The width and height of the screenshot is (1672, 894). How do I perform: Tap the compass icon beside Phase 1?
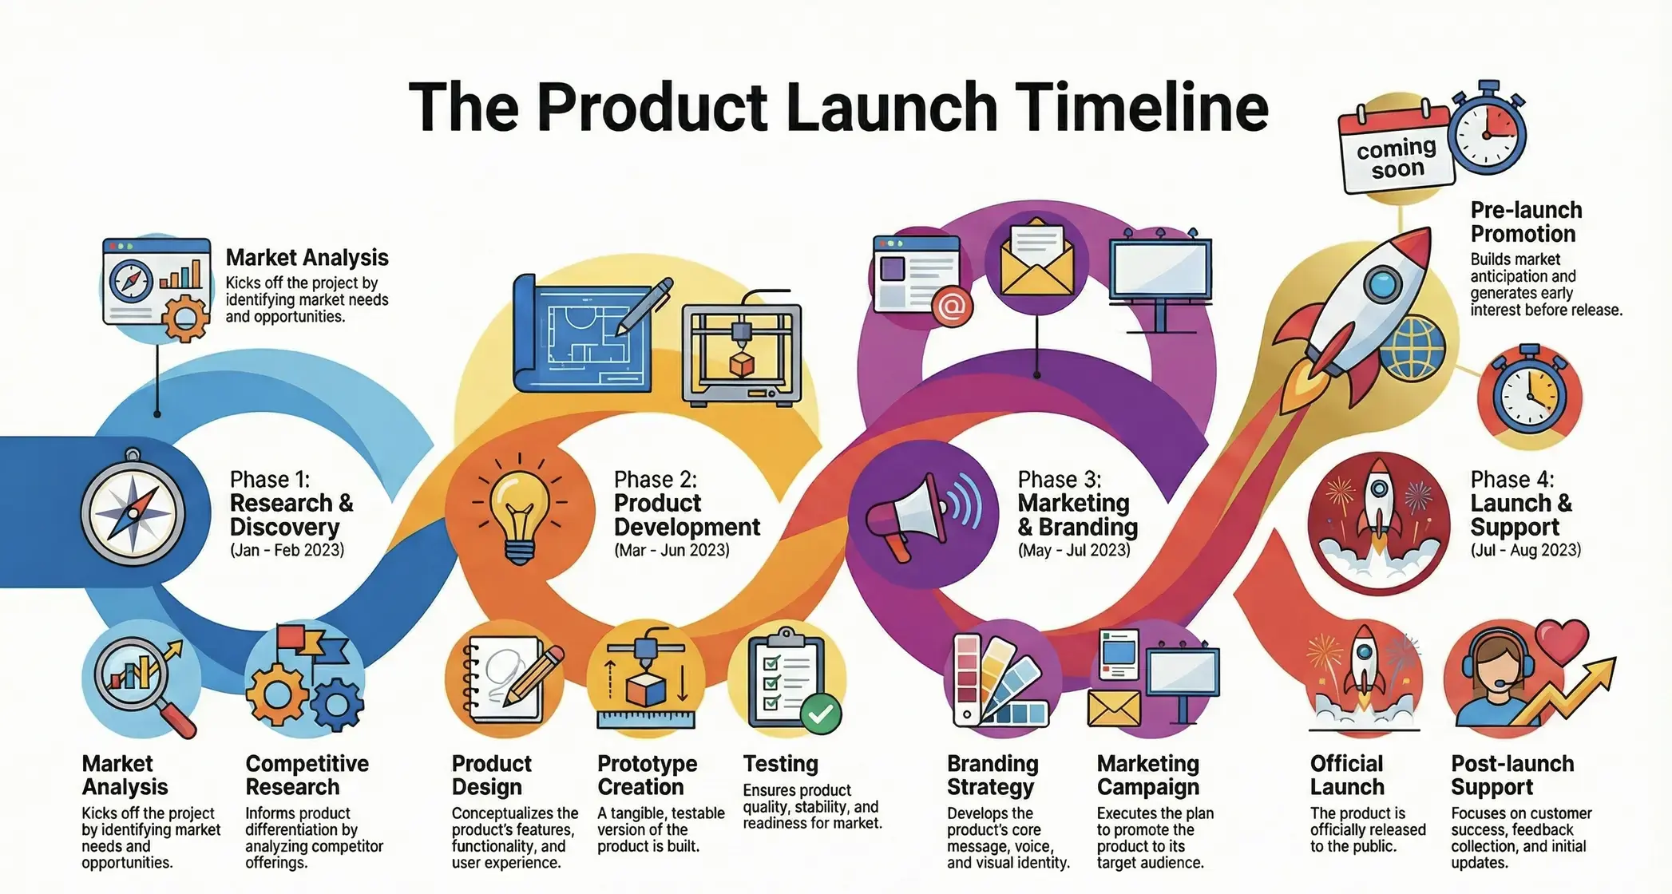[x=133, y=512]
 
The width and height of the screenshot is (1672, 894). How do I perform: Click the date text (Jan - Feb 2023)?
[x=287, y=550]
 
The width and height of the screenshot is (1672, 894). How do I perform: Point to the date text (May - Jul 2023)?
[x=1074, y=550]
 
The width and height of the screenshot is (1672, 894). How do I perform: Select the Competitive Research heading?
[x=307, y=774]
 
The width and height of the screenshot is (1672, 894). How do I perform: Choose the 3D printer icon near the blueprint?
[x=742, y=353]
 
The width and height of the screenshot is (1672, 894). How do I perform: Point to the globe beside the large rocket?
[x=1412, y=349]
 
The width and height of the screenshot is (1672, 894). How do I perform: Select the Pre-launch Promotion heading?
[x=1526, y=221]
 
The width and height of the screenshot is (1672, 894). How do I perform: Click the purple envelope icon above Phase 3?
[x=1036, y=260]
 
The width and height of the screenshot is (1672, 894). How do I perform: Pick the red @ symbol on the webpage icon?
[x=952, y=306]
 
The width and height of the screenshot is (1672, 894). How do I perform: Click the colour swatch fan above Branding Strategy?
[x=1000, y=681]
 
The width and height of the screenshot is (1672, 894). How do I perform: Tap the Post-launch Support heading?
[x=1512, y=774]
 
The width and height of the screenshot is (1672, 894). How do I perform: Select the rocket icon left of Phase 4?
[x=1378, y=523]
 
